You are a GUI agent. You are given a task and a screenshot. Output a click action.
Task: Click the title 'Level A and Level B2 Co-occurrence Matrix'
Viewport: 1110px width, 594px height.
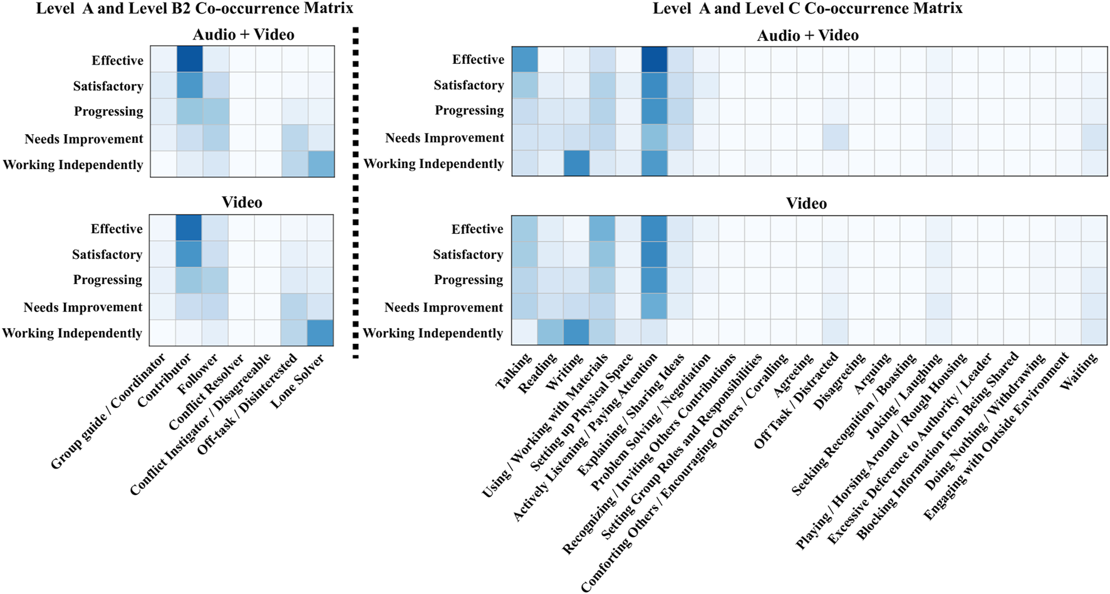pos(194,9)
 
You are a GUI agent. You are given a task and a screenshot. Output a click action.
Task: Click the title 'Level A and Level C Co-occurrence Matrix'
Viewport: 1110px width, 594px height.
pos(807,9)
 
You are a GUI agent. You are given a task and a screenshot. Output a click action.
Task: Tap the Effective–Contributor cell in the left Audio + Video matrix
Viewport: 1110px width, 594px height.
pos(189,60)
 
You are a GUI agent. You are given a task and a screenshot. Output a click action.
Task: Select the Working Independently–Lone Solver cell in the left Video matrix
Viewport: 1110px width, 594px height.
pos(320,333)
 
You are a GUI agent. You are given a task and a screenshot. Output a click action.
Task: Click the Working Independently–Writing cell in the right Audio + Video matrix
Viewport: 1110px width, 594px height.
pos(576,163)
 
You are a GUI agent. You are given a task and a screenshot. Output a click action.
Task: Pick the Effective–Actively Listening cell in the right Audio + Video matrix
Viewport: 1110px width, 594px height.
pos(654,60)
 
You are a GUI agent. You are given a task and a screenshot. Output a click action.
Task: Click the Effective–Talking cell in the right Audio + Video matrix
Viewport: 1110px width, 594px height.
pos(525,60)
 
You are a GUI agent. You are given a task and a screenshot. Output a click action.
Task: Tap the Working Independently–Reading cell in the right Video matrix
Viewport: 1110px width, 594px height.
pos(551,333)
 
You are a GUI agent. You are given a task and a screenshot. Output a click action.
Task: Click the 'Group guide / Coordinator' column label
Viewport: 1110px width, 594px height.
pos(108,411)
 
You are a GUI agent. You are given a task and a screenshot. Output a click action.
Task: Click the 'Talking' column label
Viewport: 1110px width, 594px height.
pos(514,371)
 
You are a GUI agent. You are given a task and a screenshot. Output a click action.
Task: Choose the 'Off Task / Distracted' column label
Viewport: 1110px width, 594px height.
pos(796,400)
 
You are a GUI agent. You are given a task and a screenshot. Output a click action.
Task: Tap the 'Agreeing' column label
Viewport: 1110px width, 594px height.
pos(794,375)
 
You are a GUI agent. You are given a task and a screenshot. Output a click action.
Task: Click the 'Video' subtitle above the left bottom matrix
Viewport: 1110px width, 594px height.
pos(242,202)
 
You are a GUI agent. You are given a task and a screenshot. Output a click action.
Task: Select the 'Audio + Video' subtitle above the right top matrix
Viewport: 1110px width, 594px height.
pos(807,35)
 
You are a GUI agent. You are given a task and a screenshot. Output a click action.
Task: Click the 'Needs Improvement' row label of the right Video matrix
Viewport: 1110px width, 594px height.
pos(443,308)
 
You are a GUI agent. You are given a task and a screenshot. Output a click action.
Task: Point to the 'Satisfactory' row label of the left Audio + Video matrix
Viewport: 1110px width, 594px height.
pos(108,86)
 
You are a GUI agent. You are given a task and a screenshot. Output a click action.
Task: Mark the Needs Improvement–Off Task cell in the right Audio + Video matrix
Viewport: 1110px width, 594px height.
pos(835,137)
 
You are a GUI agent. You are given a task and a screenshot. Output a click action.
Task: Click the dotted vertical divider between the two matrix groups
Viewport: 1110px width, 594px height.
pos(356,188)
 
